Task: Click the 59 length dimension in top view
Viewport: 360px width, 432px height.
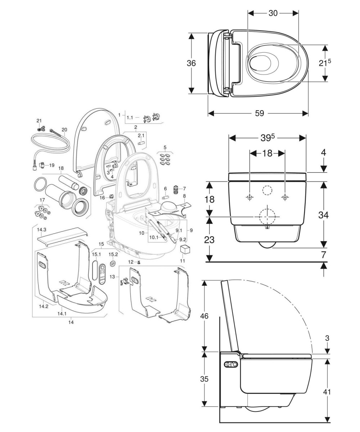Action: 259,113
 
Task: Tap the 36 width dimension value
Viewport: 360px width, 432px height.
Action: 191,63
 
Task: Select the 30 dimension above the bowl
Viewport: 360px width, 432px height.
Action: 273,13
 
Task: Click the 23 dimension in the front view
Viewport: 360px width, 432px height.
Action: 209,239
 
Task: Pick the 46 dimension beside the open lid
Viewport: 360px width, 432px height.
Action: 204,316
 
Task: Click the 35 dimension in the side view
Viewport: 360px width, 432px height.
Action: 204,379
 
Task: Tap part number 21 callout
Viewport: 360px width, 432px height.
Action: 39,120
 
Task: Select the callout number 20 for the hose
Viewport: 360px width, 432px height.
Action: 64,130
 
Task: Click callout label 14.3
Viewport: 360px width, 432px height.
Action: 42,229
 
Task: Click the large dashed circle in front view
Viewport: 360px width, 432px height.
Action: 267,216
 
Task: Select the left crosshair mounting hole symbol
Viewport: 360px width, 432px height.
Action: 249,197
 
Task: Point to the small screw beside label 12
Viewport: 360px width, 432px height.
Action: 138,262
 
